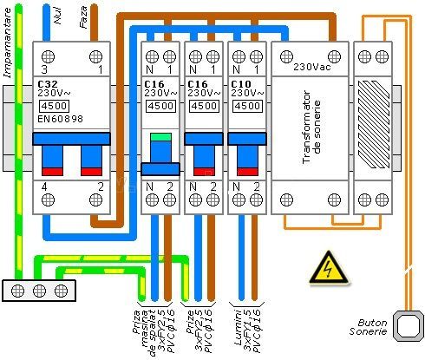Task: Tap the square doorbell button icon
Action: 404,327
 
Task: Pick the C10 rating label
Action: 241,84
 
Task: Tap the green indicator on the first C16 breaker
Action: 160,136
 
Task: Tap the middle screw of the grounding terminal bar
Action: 40,291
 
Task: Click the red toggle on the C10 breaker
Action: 248,170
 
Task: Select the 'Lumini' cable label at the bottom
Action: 234,326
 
